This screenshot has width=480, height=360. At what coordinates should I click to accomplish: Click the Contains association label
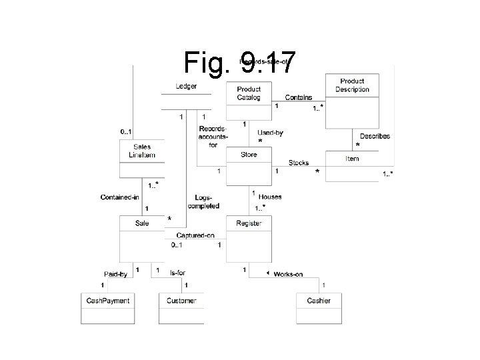click(298, 98)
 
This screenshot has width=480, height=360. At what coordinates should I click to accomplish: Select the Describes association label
click(375, 136)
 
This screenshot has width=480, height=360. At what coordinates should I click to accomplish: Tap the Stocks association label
click(298, 163)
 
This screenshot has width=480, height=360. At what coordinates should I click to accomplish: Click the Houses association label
click(270, 197)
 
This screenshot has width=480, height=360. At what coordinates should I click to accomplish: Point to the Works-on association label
click(288, 274)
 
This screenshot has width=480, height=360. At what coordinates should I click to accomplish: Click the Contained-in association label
click(119, 197)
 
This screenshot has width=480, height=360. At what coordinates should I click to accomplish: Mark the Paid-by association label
click(115, 274)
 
